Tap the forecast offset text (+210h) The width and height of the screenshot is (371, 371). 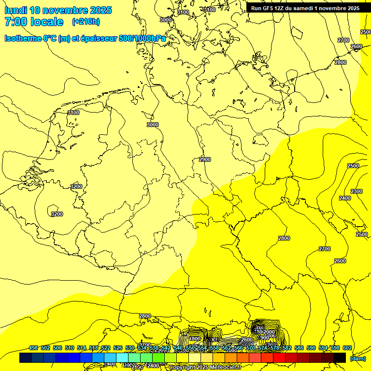86,22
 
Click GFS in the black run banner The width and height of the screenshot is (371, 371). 269,8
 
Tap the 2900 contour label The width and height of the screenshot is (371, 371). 205,159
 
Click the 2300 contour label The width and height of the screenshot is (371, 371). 357,191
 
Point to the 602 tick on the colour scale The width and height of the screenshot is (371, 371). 347,348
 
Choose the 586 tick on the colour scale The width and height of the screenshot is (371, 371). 299,348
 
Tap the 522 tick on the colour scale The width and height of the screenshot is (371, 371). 106,348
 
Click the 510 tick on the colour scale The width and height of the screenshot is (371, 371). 70,348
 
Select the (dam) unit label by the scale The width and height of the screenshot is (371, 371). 357,358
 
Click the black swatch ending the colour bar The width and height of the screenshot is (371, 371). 340,357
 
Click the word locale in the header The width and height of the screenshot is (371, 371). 46,22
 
